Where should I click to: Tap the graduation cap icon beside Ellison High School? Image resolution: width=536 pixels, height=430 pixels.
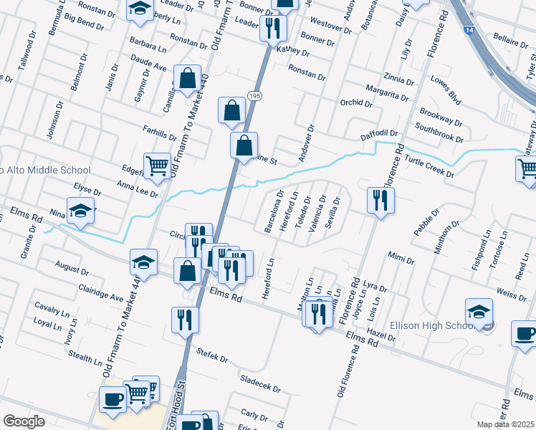click(x=479, y=312)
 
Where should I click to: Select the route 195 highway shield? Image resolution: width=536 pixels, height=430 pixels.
click(x=254, y=95)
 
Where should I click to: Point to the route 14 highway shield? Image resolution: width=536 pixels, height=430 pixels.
click(x=468, y=32)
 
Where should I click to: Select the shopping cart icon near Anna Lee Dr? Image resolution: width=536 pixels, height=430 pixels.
click(x=156, y=166)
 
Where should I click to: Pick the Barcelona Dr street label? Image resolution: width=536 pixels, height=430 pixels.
click(x=274, y=211)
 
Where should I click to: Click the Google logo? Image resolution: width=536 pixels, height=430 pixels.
click(x=24, y=421)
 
